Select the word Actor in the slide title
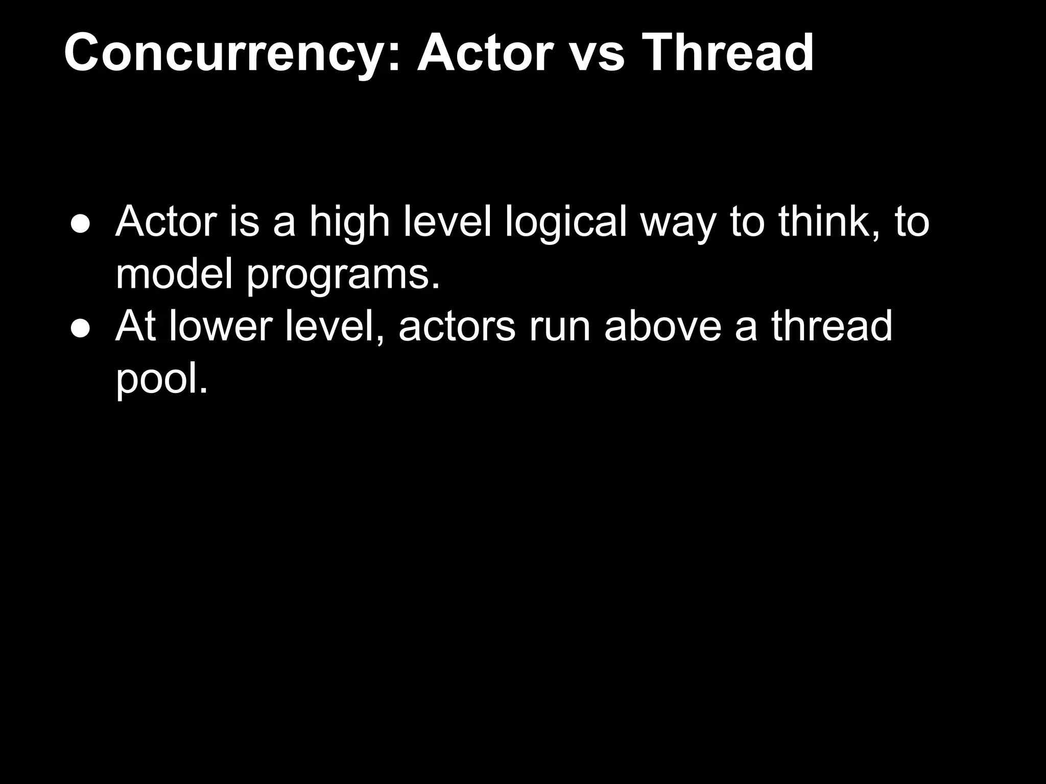[485, 53]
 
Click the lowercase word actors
[457, 327]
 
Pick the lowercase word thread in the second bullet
[831, 326]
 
